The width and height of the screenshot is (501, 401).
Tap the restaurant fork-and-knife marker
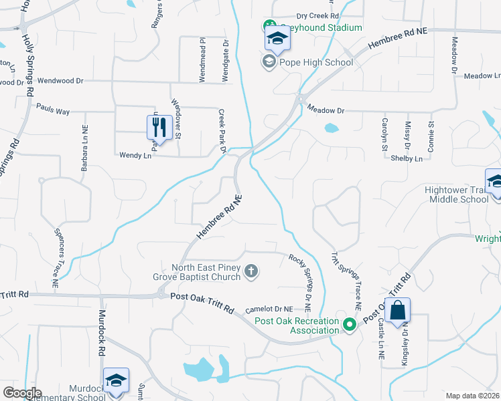click(x=159, y=126)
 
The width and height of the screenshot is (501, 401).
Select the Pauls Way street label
click(x=53, y=109)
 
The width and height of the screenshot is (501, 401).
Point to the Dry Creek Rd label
click(x=317, y=15)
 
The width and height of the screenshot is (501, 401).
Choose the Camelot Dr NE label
click(x=269, y=309)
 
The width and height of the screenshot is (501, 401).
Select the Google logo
click(x=21, y=392)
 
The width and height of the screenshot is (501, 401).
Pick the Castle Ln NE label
click(x=380, y=340)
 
